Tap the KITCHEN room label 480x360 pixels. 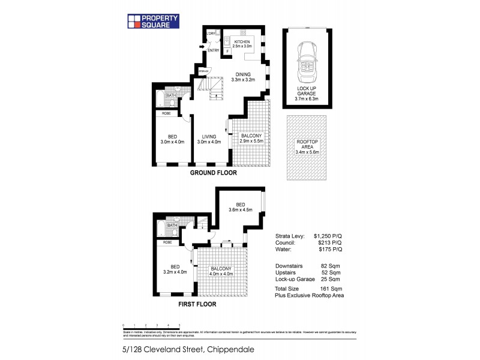pyautogui.click(x=242, y=43)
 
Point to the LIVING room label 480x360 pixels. pyautogui.click(x=211, y=139)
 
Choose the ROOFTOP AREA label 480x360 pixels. pyautogui.click(x=307, y=146)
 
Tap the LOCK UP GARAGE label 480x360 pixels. pyautogui.click(x=307, y=94)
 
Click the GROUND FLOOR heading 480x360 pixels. pyautogui.click(x=214, y=173)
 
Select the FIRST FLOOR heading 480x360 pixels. pyautogui.click(x=197, y=304)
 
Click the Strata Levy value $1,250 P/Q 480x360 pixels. pyautogui.click(x=328, y=236)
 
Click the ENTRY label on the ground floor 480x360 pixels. pyautogui.click(x=213, y=50)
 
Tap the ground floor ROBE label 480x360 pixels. pyautogui.click(x=166, y=112)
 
